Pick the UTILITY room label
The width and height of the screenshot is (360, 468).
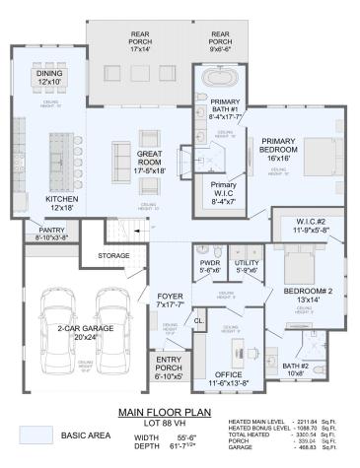pos(245,263)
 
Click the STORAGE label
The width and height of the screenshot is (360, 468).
pos(112,254)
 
